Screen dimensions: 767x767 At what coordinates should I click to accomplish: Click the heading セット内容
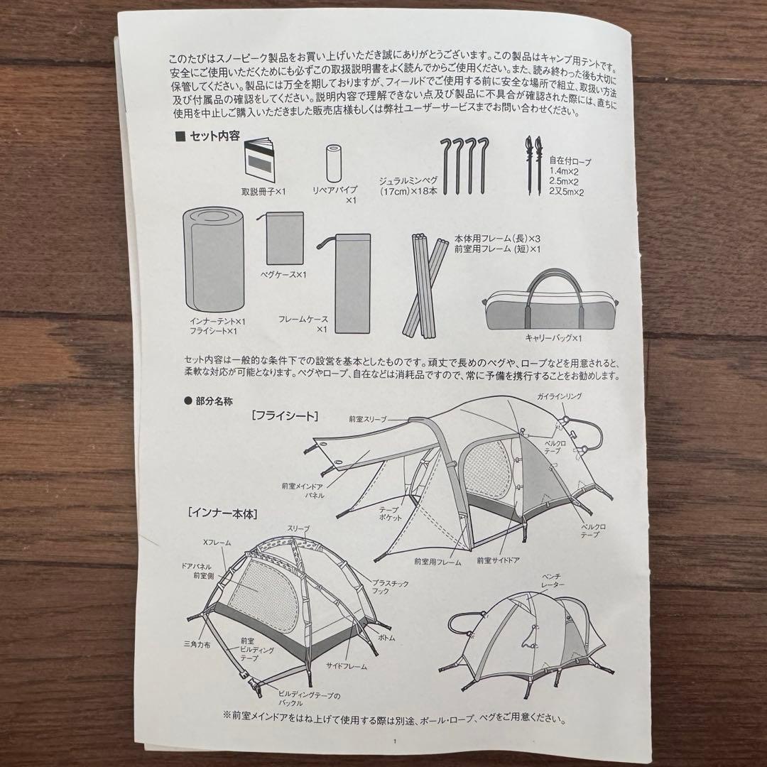coord(214,136)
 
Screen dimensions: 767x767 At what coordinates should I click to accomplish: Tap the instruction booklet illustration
coord(259,160)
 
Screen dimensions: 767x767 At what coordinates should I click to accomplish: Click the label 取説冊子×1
coord(263,191)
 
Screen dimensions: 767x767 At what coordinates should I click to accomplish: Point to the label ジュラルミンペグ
coord(408,180)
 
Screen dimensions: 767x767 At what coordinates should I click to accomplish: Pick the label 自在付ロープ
coord(570,161)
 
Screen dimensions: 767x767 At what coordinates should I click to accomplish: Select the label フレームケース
coord(303,319)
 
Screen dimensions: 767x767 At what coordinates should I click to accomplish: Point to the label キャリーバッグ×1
coord(553,337)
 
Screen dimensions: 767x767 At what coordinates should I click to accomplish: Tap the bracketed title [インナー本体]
coord(222,513)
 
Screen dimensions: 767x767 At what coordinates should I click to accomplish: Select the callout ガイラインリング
coord(559,396)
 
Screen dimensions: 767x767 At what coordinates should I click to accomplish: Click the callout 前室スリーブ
coord(367,419)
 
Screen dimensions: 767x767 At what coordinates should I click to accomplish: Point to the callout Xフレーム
coord(217,543)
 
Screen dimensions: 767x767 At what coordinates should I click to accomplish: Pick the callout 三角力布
coord(197,645)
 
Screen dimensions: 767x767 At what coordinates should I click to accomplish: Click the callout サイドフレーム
coord(347,665)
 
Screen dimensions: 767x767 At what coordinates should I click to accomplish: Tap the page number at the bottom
coord(395,741)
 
